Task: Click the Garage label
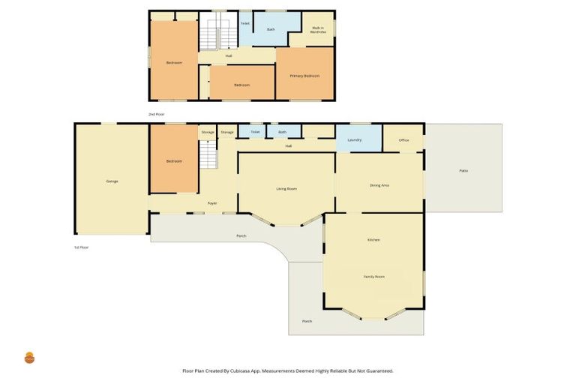112,181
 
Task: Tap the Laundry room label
355,139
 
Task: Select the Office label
403,139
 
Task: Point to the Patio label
463,171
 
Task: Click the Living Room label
286,188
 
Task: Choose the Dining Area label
379,185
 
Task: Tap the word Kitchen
373,239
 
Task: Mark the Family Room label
373,277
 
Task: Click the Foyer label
212,203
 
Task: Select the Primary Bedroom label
304,76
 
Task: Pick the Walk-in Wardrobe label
319,30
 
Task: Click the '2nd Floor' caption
156,114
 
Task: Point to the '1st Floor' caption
81,247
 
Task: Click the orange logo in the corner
29,358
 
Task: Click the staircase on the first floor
208,156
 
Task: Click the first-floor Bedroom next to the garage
174,160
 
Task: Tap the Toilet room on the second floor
244,24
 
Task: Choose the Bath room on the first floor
282,132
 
